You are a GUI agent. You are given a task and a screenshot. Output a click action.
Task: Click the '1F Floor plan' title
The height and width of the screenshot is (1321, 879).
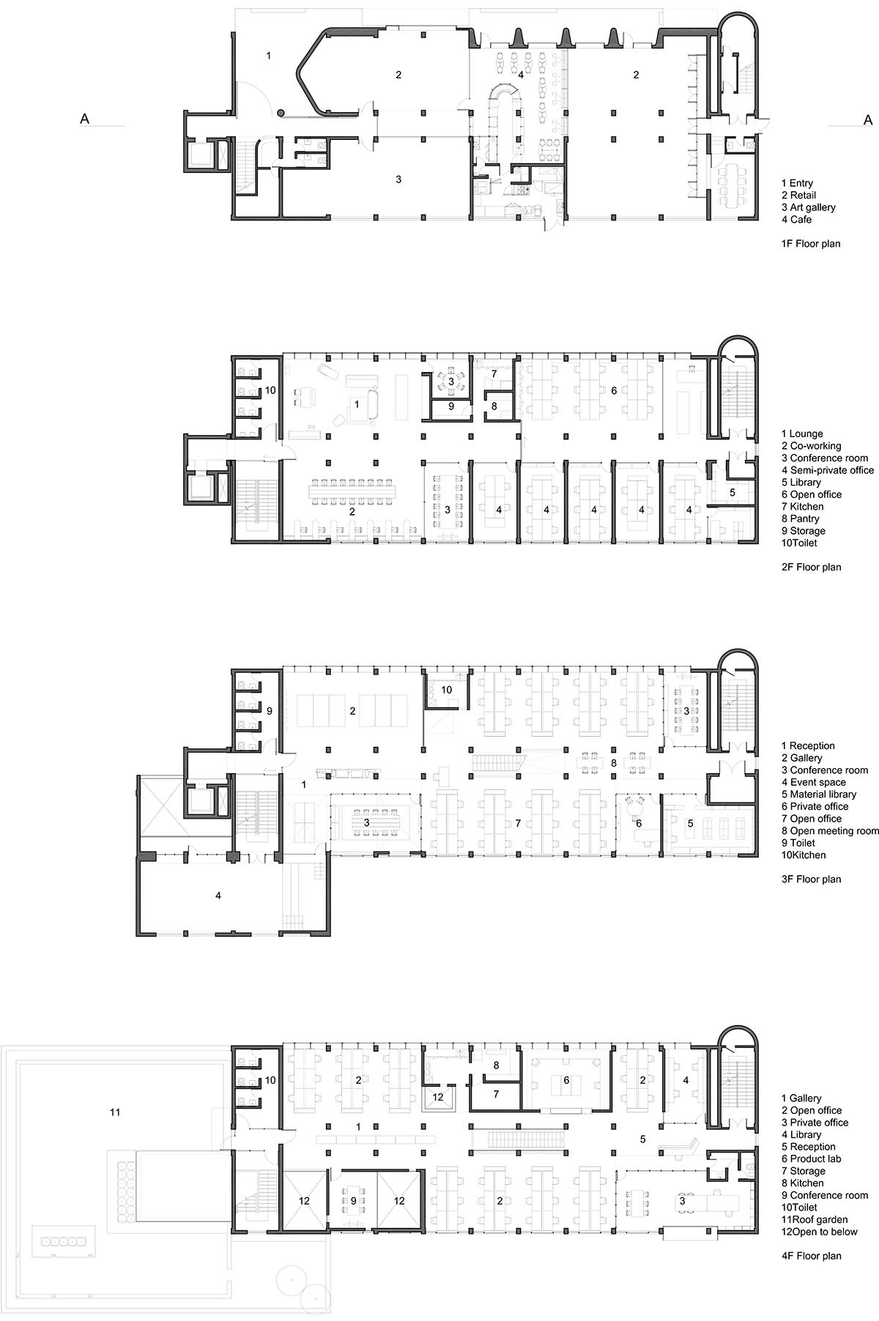coord(811,244)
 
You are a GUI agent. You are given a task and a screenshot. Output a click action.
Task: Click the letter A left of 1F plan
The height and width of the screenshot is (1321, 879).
coord(85,119)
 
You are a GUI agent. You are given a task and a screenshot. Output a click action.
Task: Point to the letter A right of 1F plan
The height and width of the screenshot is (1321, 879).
coord(869,119)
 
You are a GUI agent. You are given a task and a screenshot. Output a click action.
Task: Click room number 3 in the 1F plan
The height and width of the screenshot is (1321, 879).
coord(398,179)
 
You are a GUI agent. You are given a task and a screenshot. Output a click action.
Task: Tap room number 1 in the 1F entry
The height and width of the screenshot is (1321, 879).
coord(269,56)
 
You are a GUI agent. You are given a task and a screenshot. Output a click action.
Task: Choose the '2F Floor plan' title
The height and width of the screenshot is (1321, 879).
coord(812,567)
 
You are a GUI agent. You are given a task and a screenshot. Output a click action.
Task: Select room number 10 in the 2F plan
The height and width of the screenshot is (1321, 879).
coord(270,391)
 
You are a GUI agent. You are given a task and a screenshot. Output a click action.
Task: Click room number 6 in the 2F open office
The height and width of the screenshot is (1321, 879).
coord(614,391)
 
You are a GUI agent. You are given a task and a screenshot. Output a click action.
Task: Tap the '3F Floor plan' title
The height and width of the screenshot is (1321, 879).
coord(812,879)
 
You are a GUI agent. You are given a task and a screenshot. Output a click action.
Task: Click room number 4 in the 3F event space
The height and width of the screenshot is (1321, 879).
coord(218,895)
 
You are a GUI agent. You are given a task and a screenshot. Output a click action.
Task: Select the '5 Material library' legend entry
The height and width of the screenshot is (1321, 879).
coord(818,795)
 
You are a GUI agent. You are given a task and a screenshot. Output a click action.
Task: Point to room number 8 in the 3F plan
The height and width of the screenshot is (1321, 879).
coord(614,763)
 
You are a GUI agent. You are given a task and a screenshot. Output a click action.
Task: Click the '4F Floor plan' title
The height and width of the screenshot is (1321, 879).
coord(812,1256)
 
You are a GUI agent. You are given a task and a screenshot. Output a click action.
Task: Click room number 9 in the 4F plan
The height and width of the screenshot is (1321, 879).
coord(353,1201)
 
